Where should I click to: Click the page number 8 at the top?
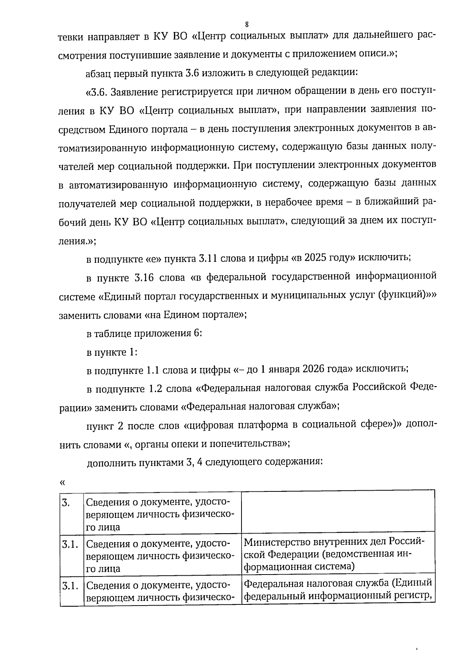point(246,25)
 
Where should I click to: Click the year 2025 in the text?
point(315,257)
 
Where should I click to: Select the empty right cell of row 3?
point(338,510)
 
